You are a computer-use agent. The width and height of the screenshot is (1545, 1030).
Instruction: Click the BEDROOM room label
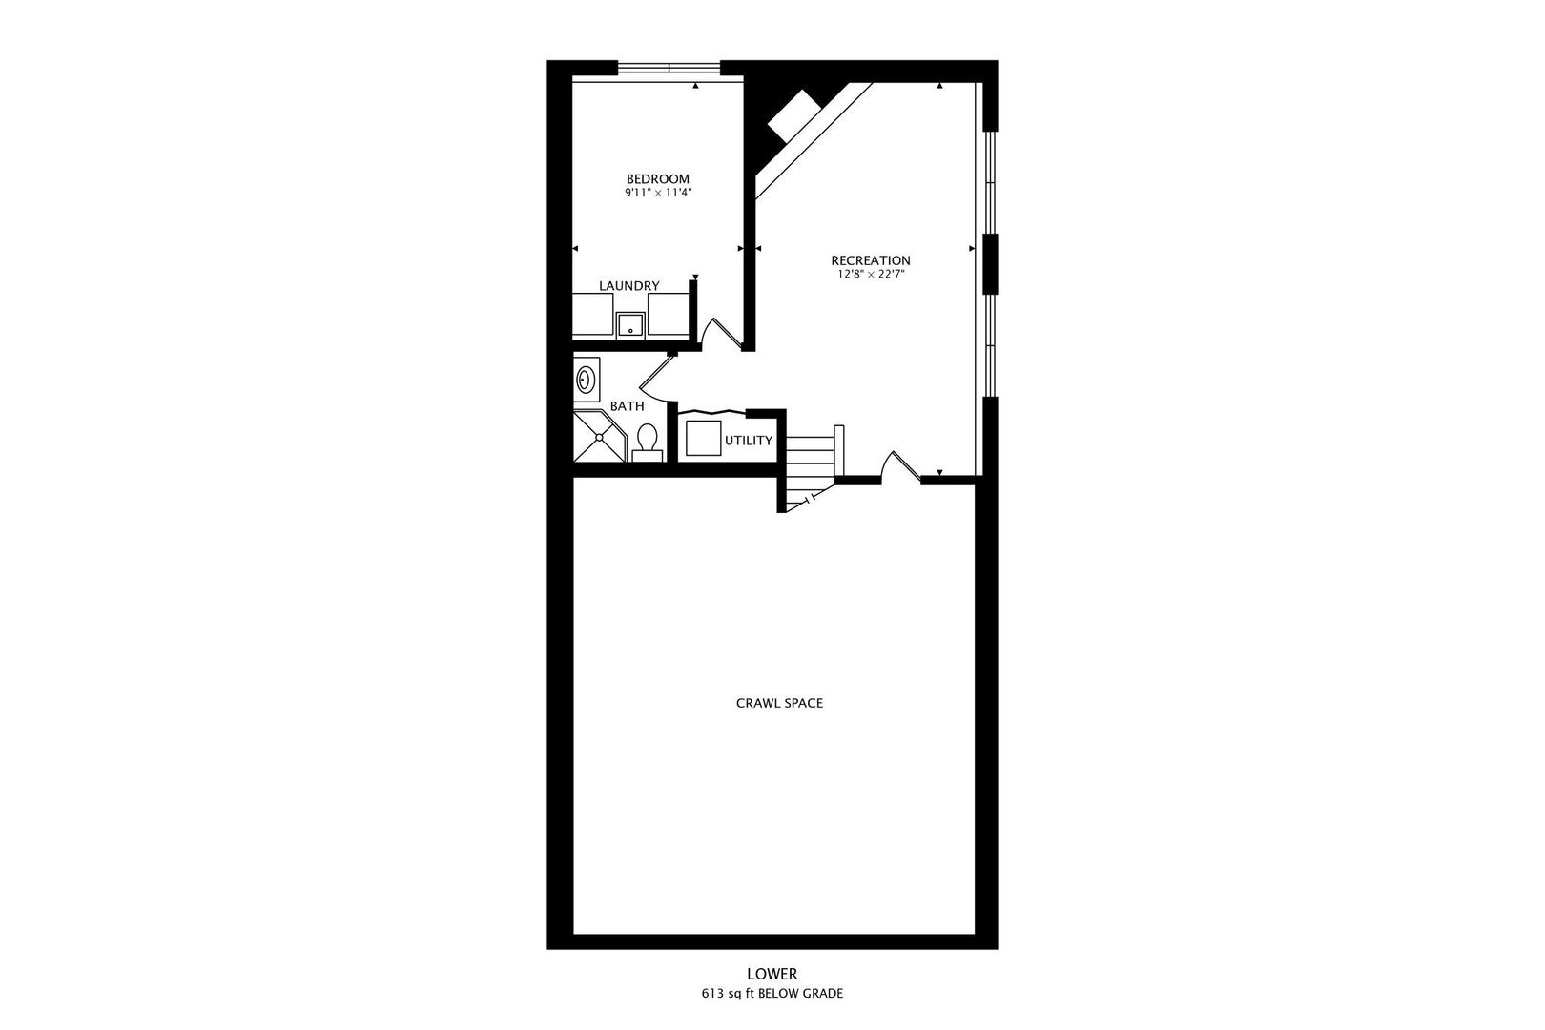pos(657,179)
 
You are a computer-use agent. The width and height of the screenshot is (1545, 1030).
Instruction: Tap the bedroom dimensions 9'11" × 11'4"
pos(657,193)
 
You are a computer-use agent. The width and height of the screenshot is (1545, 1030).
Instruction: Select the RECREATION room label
pos(870,260)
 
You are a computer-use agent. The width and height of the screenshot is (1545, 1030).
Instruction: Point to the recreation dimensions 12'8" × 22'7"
pos(870,275)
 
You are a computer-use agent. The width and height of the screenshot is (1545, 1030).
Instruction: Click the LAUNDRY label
pos(628,285)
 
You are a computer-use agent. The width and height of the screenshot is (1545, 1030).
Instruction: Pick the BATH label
pos(627,406)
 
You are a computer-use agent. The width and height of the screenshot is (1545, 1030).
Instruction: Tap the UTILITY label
pos(748,441)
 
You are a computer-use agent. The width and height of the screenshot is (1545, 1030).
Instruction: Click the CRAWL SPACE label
pos(779,704)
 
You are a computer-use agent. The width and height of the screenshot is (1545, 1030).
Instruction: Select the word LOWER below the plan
pos(772,974)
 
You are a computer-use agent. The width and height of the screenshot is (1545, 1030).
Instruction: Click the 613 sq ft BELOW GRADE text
pos(772,994)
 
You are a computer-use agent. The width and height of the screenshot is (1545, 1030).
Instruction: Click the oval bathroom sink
pos(586,380)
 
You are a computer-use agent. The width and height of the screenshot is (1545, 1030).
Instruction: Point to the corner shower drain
pos(599,438)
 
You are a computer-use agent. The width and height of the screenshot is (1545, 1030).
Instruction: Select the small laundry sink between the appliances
pos(629,325)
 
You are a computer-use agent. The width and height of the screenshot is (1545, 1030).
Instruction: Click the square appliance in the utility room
pos(703,438)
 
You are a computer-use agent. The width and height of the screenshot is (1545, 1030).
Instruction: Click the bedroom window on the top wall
pos(669,68)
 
